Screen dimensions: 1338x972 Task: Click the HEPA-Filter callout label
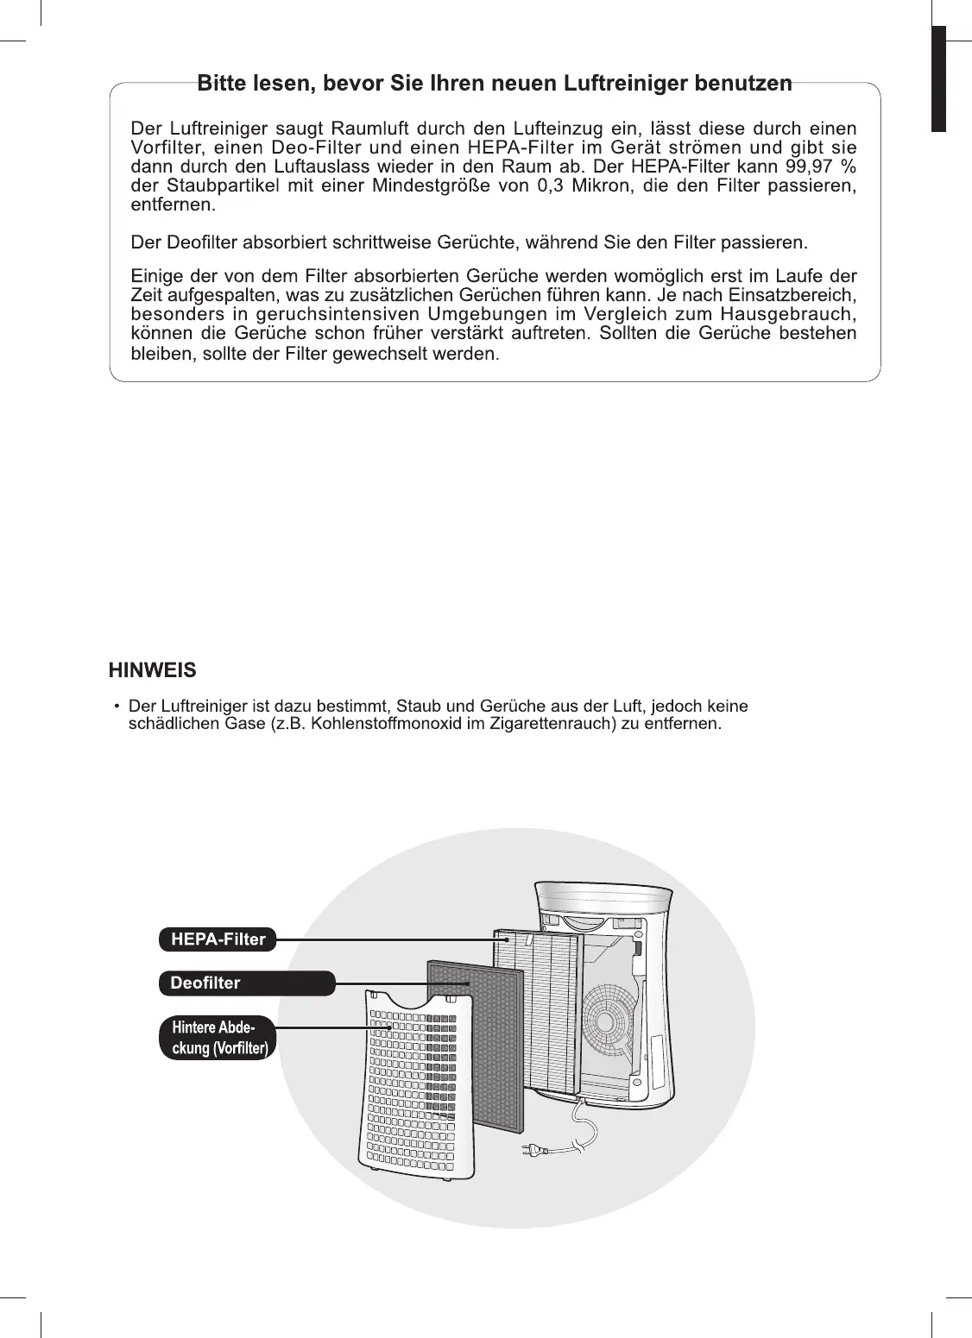218,939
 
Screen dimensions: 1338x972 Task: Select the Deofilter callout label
247,983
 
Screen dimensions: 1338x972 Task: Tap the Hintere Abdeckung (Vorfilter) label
216,1038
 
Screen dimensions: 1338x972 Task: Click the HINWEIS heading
153,670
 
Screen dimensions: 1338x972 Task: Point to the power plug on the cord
530,1149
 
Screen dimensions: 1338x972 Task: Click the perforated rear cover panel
406,1113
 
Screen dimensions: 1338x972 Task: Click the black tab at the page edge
938,79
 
